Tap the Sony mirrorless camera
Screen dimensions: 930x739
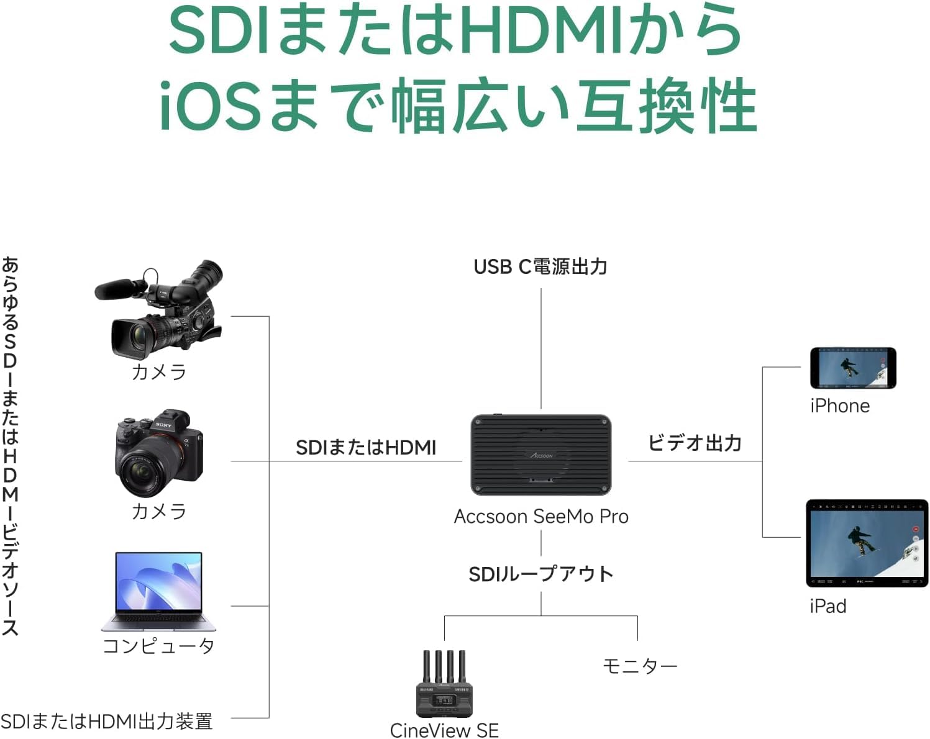click(159, 453)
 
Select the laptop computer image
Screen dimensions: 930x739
click(159, 591)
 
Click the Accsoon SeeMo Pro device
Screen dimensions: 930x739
click(540, 455)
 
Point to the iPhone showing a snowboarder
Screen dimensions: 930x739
click(852, 368)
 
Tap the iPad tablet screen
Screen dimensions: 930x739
click(866, 543)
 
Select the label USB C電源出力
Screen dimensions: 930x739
click(540, 267)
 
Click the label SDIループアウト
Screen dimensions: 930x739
click(540, 574)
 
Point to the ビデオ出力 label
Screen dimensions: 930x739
click(695, 443)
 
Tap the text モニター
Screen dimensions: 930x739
click(640, 666)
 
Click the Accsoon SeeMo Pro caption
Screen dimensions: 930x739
click(540, 517)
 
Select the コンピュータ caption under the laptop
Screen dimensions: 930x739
click(159, 646)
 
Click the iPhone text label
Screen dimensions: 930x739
click(839, 406)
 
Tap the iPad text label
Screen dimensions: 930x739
click(827, 606)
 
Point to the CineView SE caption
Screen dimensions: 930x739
click(444, 730)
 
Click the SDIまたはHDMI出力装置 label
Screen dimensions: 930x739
click(107, 722)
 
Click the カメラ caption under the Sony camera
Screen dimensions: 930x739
click(159, 512)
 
